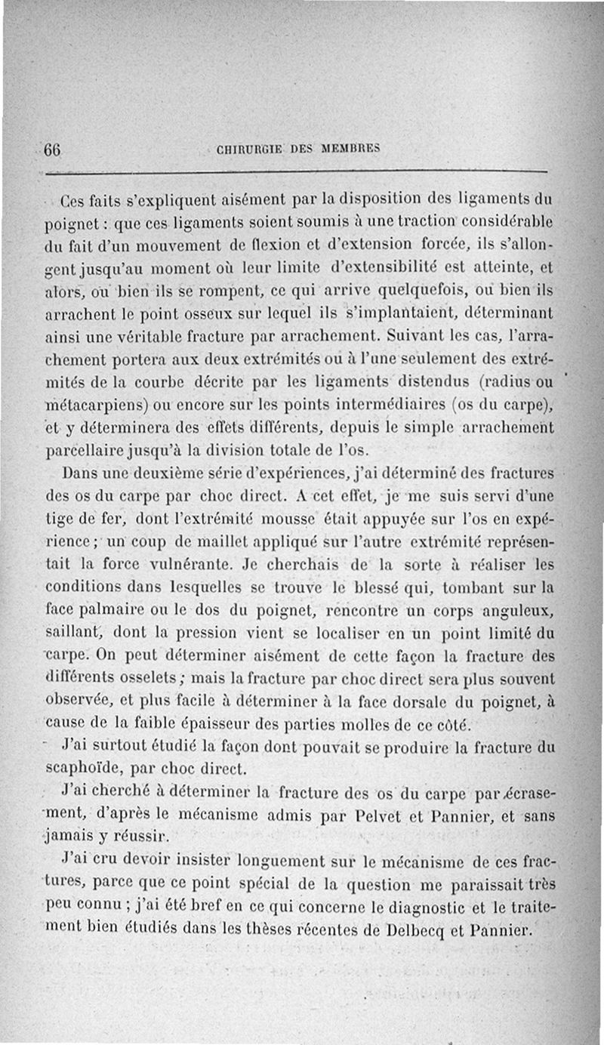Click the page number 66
[x=52, y=149]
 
